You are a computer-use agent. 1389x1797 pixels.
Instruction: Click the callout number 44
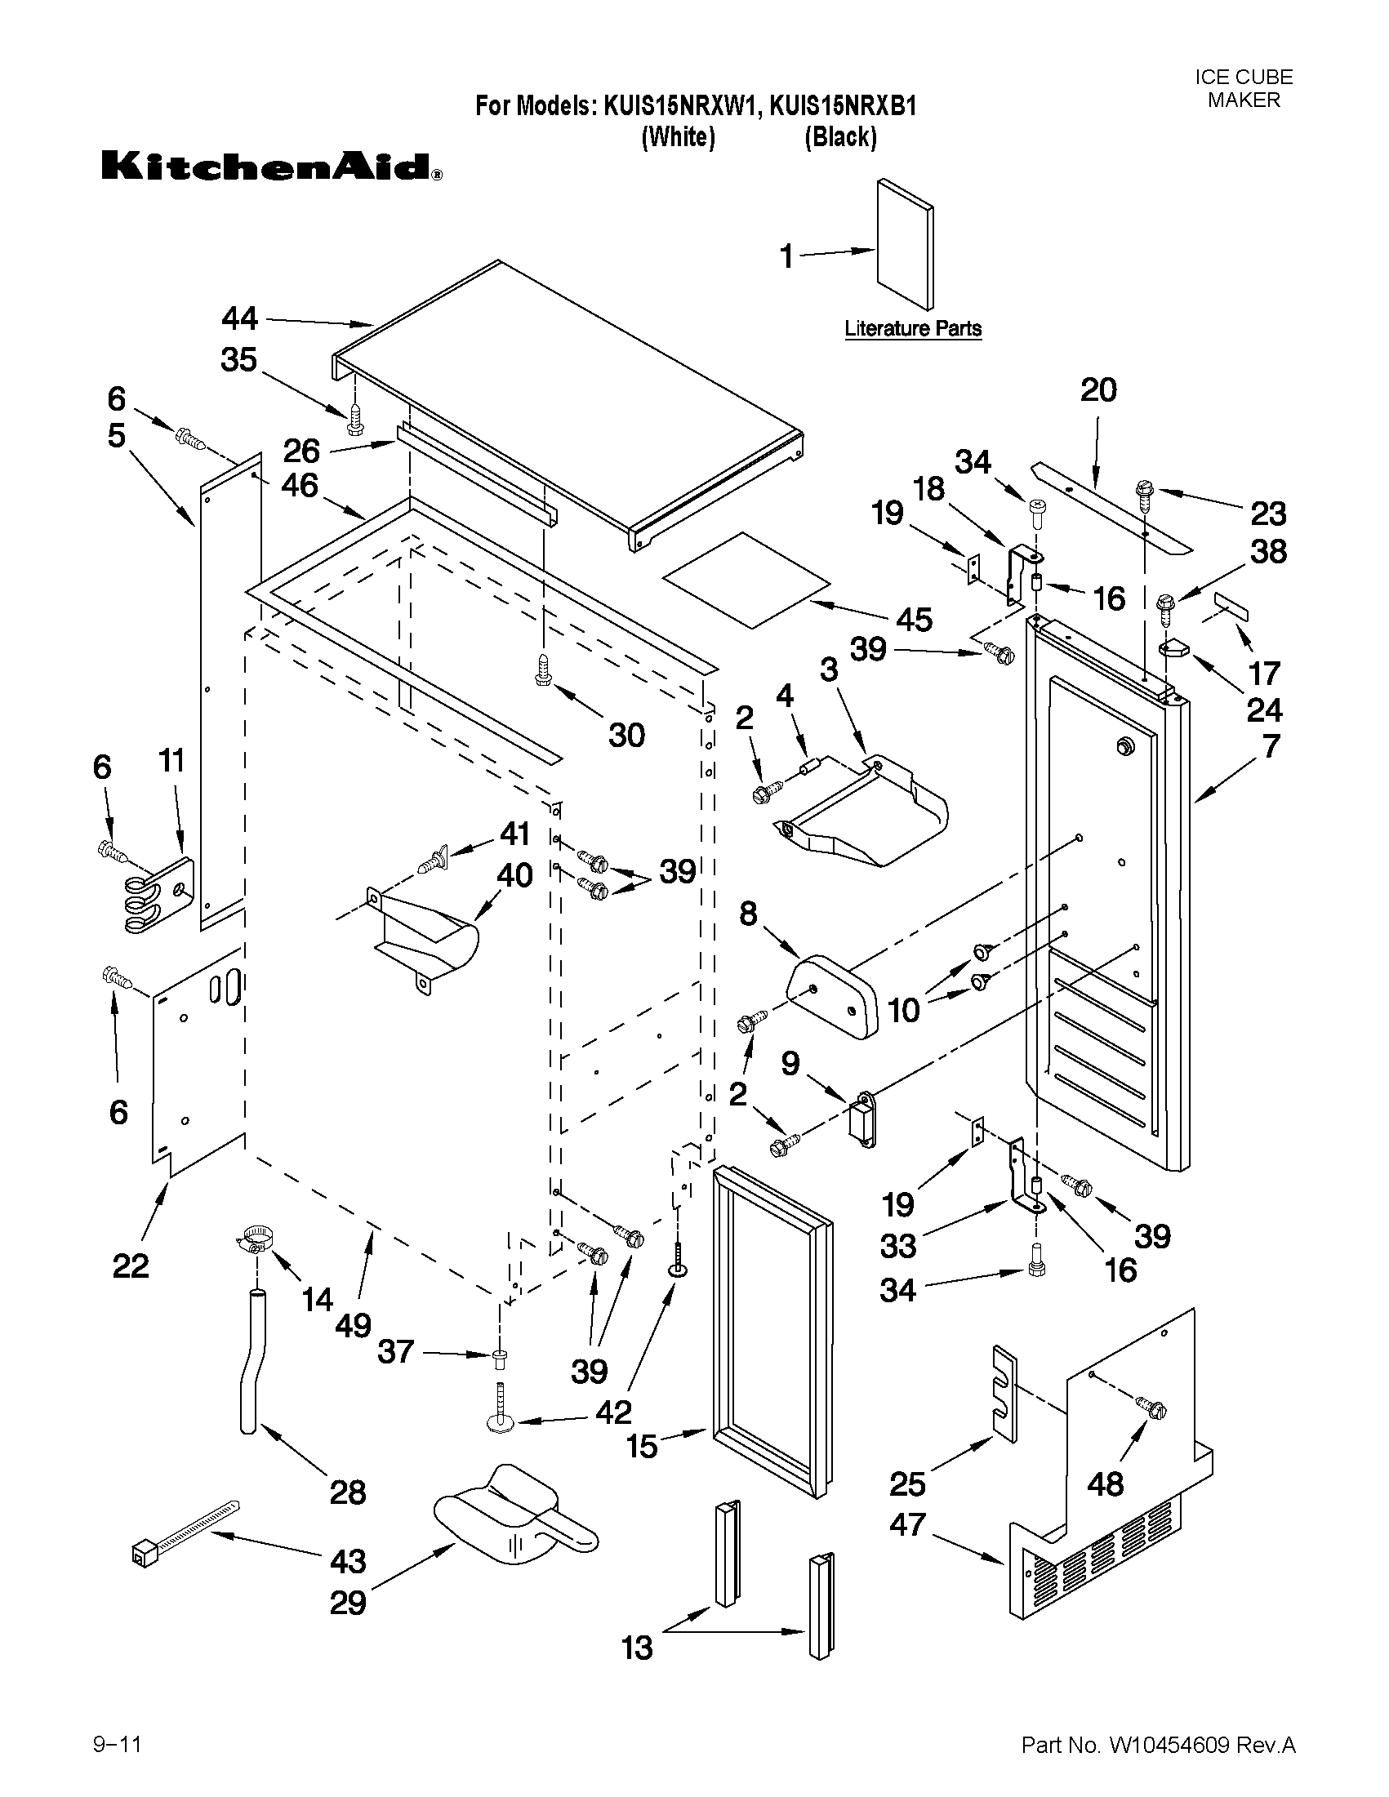tap(240, 318)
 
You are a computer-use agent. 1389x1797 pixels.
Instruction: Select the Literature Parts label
tap(913, 329)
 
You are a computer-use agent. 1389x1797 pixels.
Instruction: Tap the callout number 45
tap(914, 620)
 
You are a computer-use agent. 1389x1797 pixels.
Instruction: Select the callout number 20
tap(1097, 390)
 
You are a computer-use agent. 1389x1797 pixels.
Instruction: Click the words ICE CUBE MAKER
tap(1244, 89)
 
